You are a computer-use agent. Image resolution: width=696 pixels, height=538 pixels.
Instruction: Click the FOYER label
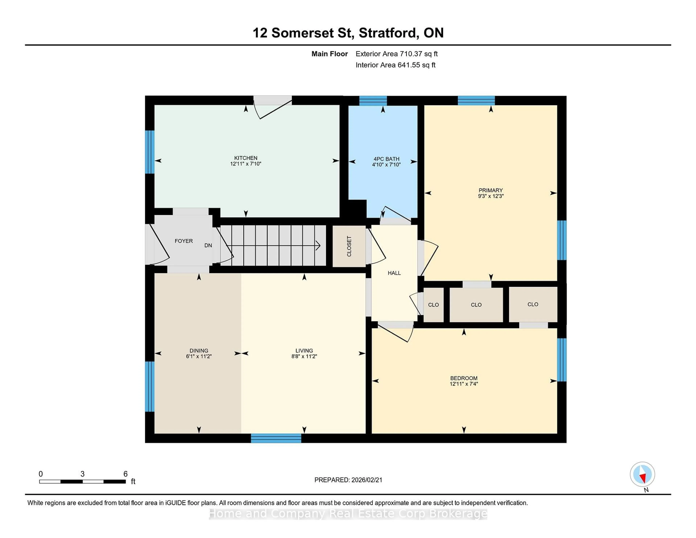click(184, 241)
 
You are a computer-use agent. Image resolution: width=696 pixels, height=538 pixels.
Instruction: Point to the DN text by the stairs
click(208, 245)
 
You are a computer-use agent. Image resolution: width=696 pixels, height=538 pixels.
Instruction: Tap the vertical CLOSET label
click(349, 246)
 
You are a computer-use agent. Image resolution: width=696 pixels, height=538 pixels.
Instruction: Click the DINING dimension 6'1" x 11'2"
click(199, 356)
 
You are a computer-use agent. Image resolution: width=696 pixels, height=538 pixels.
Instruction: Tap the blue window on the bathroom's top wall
click(373, 100)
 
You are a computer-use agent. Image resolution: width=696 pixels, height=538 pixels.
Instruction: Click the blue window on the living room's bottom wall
click(276, 438)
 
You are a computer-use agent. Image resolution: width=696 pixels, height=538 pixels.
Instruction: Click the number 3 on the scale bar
click(82, 474)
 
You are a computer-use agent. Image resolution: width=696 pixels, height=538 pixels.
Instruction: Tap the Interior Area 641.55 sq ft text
click(395, 65)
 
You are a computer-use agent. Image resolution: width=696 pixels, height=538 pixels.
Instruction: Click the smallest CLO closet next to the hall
click(433, 305)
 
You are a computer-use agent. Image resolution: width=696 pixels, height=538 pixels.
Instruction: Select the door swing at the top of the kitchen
click(272, 108)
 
